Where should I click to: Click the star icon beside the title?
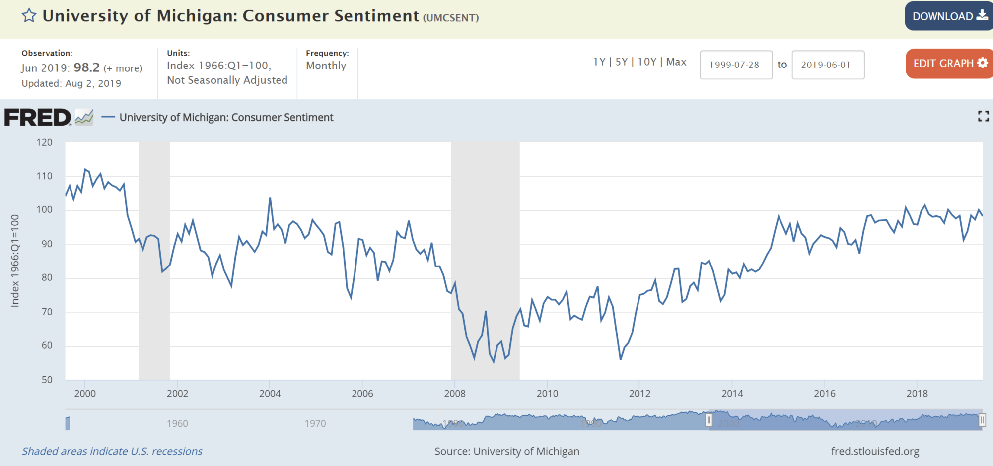tap(29, 16)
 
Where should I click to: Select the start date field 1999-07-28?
tap(735, 65)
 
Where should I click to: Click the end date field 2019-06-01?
tap(827, 65)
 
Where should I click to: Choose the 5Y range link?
tap(621, 62)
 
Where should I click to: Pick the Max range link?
tap(676, 62)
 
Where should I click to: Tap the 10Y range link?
tap(647, 62)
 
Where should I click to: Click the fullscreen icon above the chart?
tap(983, 117)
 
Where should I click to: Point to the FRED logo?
tap(38, 118)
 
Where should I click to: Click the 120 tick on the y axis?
tap(44, 143)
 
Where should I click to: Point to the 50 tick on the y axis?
tap(47, 380)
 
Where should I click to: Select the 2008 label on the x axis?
tap(455, 394)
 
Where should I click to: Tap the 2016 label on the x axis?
tap(824, 394)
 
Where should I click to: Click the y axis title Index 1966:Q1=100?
tap(15, 261)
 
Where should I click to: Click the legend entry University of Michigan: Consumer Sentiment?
tap(226, 118)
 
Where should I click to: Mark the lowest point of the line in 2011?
tap(621, 359)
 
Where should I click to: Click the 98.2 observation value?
tap(86, 67)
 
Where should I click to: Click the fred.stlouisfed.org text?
tap(875, 451)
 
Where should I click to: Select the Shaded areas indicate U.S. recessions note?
tap(112, 451)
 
